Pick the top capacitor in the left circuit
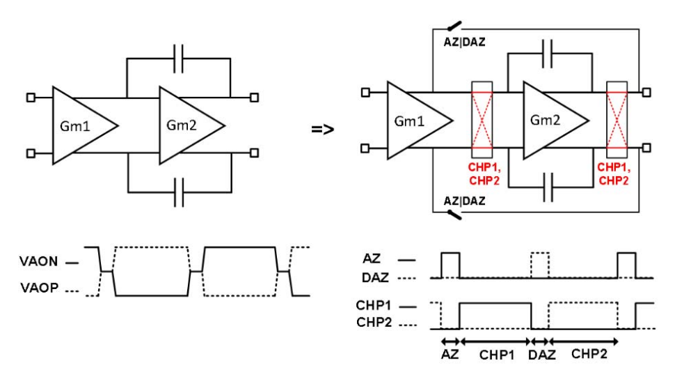(x=179, y=60)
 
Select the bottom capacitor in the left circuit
(x=179, y=190)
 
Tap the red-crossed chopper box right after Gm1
(x=482, y=120)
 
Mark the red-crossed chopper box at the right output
(x=617, y=120)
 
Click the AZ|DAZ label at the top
(x=465, y=42)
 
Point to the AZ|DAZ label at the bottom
(x=465, y=201)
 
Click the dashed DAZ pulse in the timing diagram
(x=539, y=265)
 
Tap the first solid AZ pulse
(x=450, y=265)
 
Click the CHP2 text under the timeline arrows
(x=589, y=354)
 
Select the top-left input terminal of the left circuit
(x=31, y=98)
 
